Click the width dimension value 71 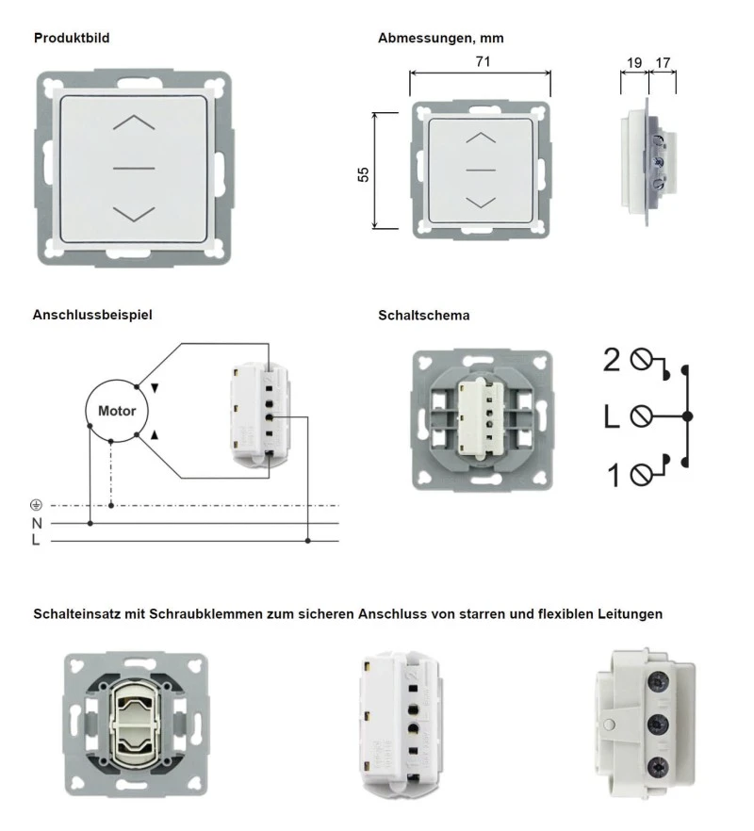click(x=484, y=62)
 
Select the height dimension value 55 click(x=363, y=174)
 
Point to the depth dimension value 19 click(x=633, y=63)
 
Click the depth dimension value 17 click(x=663, y=63)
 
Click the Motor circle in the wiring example click(x=117, y=411)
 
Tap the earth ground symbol click(x=36, y=506)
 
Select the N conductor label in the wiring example click(x=37, y=523)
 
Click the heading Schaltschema click(x=423, y=316)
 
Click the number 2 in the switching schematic click(x=612, y=360)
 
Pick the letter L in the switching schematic click(x=612, y=416)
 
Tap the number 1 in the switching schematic click(x=613, y=475)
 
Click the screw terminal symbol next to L click(x=642, y=416)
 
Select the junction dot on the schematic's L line click(x=688, y=416)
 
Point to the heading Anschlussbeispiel click(x=92, y=316)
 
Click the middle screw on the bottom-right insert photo click(x=656, y=723)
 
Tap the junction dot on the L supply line click(x=308, y=541)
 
